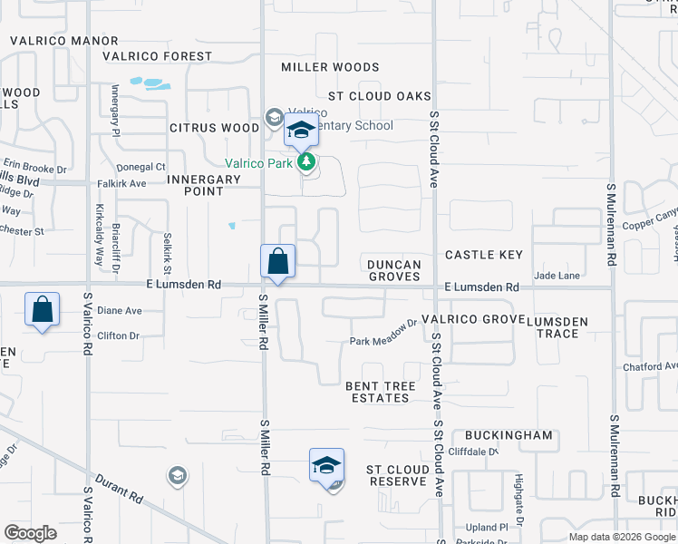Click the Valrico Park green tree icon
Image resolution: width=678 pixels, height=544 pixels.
click(x=307, y=163)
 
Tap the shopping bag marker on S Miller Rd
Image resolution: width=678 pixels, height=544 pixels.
click(x=278, y=262)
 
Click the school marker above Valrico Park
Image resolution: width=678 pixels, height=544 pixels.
click(x=301, y=131)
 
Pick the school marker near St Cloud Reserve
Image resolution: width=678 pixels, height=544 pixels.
click(x=326, y=466)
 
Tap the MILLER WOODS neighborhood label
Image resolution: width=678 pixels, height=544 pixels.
click(x=329, y=67)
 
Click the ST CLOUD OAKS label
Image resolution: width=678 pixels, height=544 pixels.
click(x=379, y=96)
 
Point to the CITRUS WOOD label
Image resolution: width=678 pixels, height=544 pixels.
click(x=215, y=128)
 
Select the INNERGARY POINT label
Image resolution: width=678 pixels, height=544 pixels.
click(x=204, y=185)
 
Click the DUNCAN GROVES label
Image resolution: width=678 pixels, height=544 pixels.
click(x=394, y=270)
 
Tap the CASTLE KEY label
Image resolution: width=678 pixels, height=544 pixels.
click(x=484, y=256)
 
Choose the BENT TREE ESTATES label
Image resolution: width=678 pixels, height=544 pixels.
click(x=381, y=392)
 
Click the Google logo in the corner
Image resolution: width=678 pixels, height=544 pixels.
click(x=30, y=532)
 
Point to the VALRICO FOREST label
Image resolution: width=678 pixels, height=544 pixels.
click(x=157, y=56)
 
